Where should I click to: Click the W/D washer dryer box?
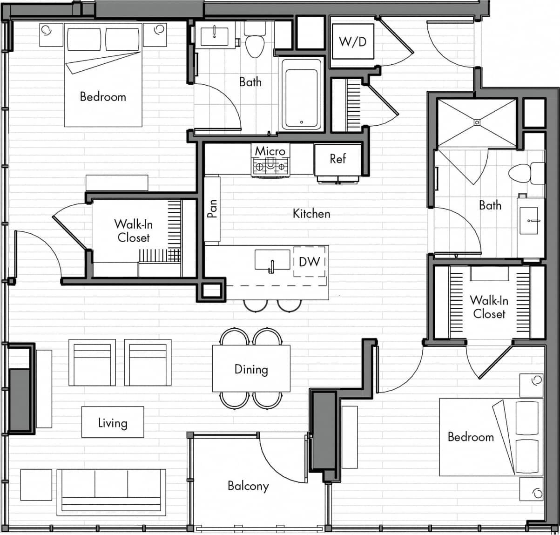pyautogui.click(x=352, y=42)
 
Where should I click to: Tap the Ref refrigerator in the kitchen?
pyautogui.click(x=337, y=159)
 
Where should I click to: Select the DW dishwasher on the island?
pyautogui.click(x=309, y=262)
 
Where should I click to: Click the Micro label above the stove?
pyautogui.click(x=270, y=151)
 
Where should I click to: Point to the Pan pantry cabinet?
pyautogui.click(x=212, y=209)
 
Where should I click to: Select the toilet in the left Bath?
pyautogui.click(x=254, y=42)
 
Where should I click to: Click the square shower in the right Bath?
pyautogui.click(x=476, y=122)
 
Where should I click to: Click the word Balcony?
pyautogui.click(x=248, y=486)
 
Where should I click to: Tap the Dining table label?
pyautogui.click(x=251, y=369)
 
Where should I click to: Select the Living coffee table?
pyautogui.click(x=113, y=422)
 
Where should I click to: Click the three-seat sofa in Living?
pyautogui.click(x=111, y=492)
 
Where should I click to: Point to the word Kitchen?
pyautogui.click(x=311, y=213)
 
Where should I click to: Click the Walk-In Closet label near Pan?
pyautogui.click(x=134, y=231)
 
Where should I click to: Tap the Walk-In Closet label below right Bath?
pyautogui.click(x=489, y=307)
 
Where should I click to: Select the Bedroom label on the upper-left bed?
pyautogui.click(x=103, y=96)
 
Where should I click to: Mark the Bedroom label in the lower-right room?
pyautogui.click(x=470, y=436)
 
